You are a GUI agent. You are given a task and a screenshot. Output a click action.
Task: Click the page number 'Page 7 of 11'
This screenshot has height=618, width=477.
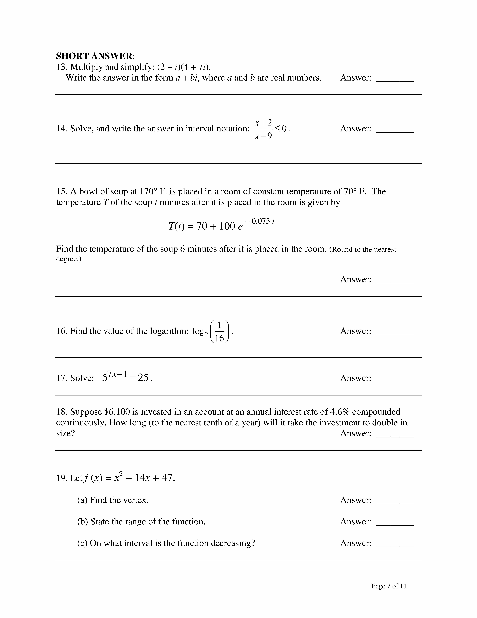click(x=389, y=586)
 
